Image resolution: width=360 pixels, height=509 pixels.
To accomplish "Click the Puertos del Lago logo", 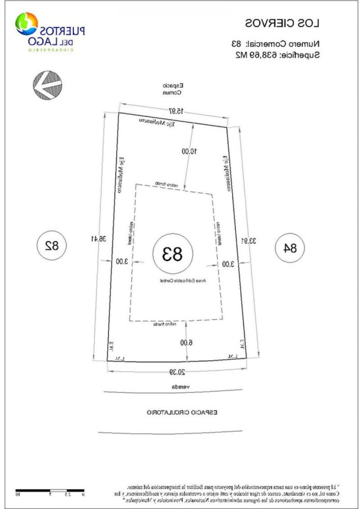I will tap(50, 31).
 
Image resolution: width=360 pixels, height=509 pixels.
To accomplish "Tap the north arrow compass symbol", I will tap(46, 84).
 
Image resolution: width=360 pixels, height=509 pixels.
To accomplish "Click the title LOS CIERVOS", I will tap(282, 23).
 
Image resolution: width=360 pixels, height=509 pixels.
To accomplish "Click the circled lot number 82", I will tap(52, 247).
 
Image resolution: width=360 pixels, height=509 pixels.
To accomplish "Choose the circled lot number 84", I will tap(290, 248).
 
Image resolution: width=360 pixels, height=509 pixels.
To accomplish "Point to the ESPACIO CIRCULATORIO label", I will tap(182, 411).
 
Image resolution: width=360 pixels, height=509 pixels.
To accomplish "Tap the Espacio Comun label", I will tap(173, 90).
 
